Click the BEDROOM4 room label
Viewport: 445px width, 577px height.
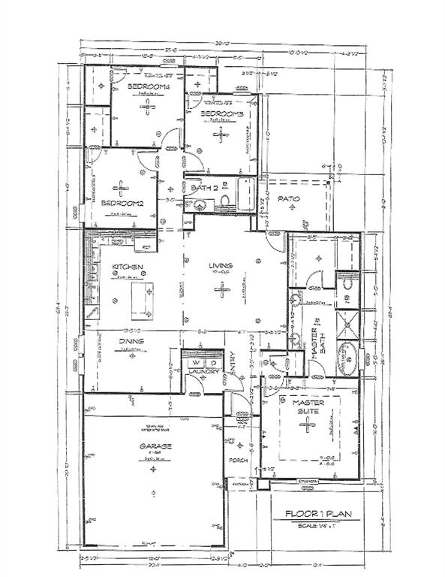[149, 87]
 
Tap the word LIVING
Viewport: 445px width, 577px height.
[221, 266]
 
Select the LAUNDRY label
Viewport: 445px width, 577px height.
[203, 372]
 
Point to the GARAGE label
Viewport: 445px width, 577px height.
[155, 446]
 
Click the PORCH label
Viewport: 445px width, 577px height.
[238, 461]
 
